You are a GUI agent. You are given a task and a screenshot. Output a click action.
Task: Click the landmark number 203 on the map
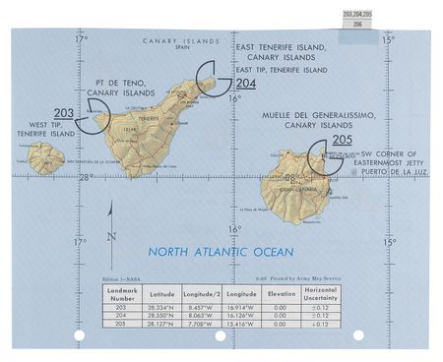coord(64,112)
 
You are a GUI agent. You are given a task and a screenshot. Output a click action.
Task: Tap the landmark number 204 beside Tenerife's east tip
coord(245,84)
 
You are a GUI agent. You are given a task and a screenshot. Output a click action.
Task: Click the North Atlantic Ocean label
coord(221,251)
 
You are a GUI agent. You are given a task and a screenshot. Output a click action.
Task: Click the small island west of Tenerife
coord(45,157)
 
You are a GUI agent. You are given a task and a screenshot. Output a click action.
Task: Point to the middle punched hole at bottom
coord(220,335)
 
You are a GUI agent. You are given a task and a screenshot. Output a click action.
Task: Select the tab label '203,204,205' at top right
coord(359,14)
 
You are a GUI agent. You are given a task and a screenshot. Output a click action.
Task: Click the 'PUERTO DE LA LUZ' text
coord(393,169)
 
